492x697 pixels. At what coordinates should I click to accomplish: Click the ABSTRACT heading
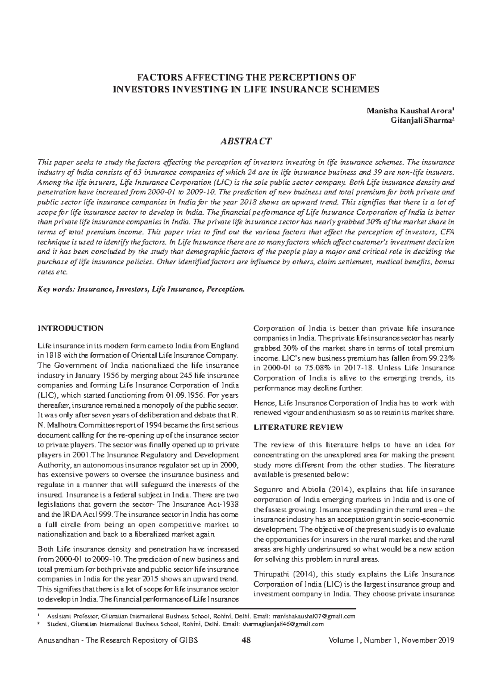[x=246, y=142]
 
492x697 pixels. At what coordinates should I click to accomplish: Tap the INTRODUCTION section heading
[x=71, y=328]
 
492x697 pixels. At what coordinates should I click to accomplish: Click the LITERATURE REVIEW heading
[x=298, y=427]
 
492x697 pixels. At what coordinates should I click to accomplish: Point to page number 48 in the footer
[x=246, y=640]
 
